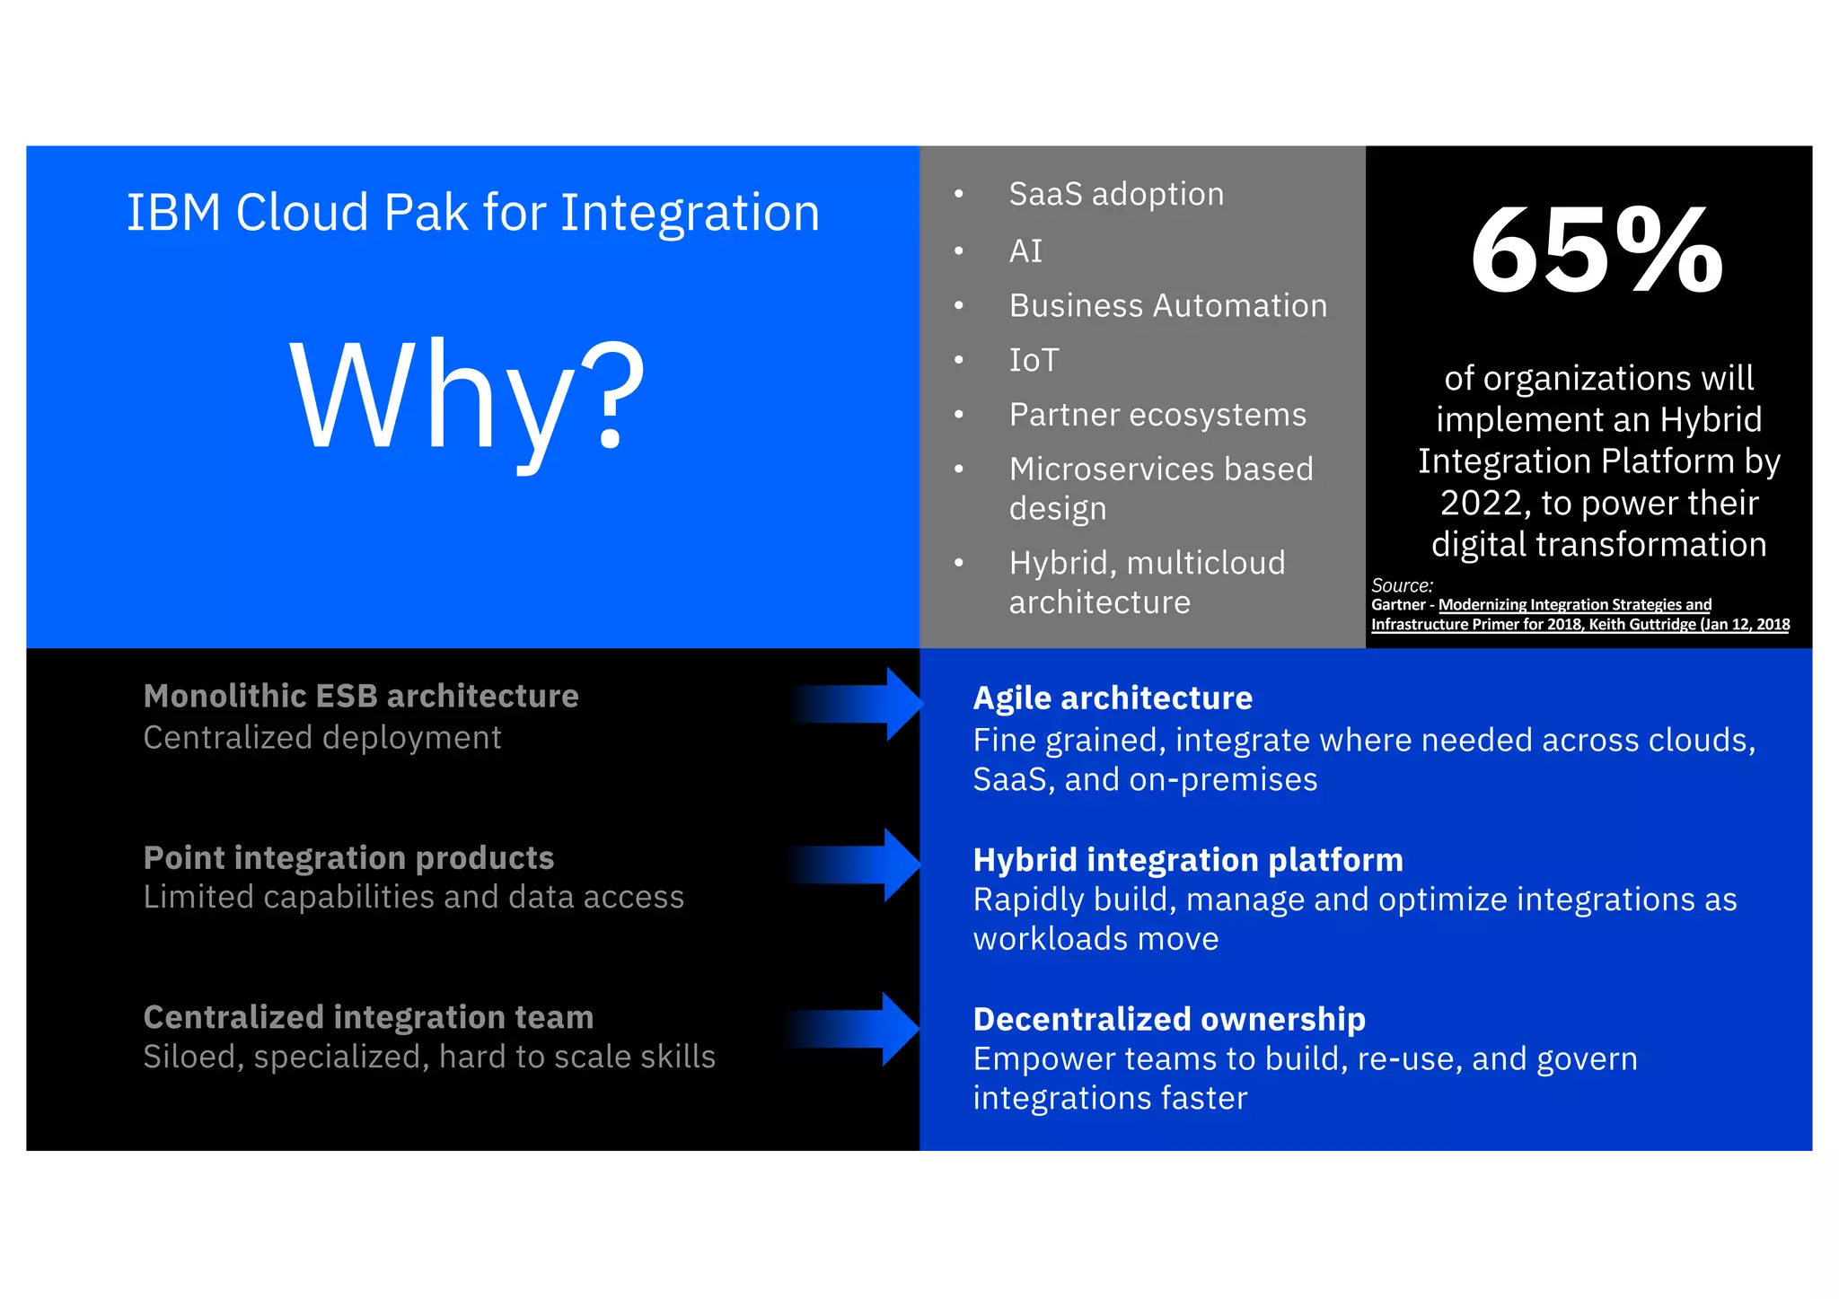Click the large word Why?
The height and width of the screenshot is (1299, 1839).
(467, 395)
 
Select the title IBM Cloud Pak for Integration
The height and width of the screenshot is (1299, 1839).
(473, 213)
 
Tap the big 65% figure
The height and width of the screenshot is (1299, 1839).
(1597, 250)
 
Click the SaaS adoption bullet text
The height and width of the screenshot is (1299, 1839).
(1116, 194)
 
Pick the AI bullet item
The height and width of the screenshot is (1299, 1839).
(1025, 250)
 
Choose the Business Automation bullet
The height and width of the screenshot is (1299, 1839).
(1167, 305)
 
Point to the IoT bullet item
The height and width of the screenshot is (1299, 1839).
(1034, 360)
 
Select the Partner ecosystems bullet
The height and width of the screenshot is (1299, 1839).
(1157, 415)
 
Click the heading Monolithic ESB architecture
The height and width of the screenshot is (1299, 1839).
(361, 696)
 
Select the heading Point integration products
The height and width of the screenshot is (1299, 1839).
(348, 857)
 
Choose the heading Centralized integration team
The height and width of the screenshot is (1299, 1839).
(368, 1017)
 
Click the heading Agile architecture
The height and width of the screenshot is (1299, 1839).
(1113, 698)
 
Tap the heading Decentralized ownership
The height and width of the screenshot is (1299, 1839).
(1169, 1019)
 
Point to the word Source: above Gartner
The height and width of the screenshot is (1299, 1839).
(1402, 585)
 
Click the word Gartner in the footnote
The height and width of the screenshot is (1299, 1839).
(1398, 605)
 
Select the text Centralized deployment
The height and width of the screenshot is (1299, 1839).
(322, 737)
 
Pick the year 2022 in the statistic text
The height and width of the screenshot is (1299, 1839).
(1483, 503)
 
